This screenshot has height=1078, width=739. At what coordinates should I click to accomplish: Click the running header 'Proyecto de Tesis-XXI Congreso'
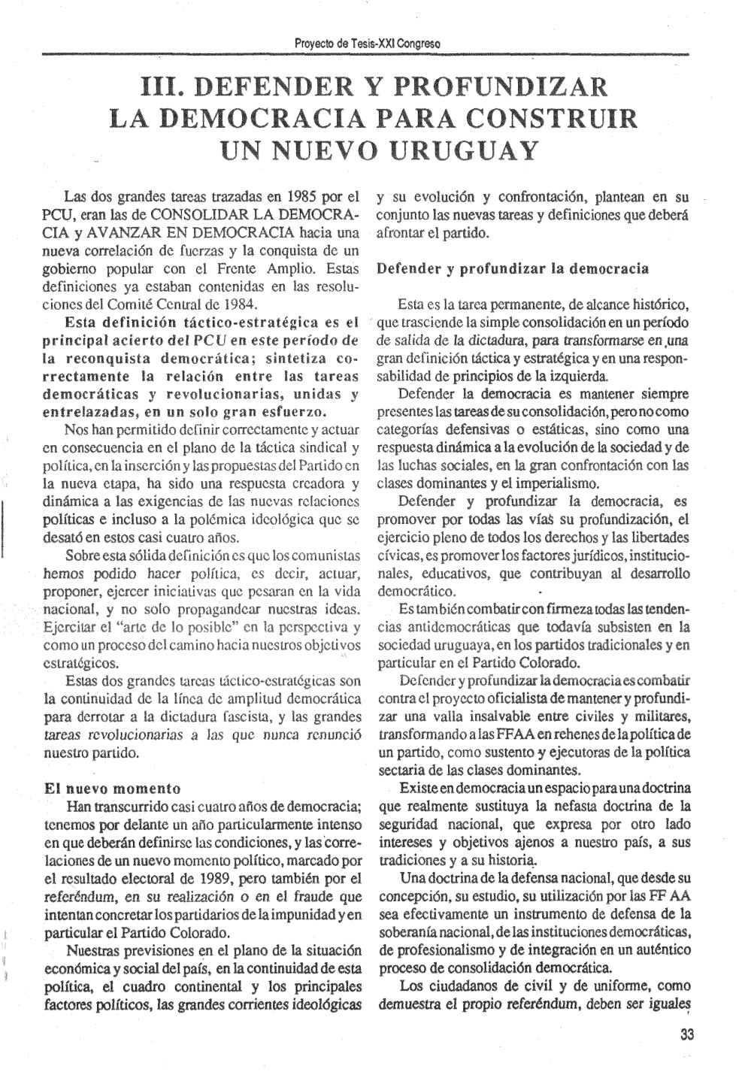click(368, 43)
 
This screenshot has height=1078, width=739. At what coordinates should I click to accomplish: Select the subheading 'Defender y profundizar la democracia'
click(513, 268)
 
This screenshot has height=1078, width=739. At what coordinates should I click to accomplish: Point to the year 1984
click(239, 304)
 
